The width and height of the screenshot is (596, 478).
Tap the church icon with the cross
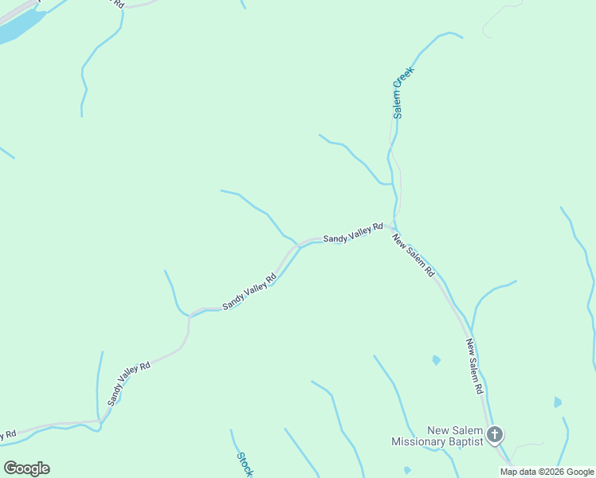pyautogui.click(x=495, y=435)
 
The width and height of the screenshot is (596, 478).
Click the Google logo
pyautogui.click(x=26, y=468)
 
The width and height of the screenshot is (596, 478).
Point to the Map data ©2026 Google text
pyautogui.click(x=547, y=472)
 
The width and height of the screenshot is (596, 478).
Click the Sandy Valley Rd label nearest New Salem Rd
pyautogui.click(x=353, y=233)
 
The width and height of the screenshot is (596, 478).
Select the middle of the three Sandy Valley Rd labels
pyautogui.click(x=249, y=292)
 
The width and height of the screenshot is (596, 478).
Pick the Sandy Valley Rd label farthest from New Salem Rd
pyautogui.click(x=129, y=383)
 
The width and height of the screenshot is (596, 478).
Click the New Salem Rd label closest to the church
pyautogui.click(x=475, y=367)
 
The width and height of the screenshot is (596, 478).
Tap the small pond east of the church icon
pyautogui.click(x=558, y=402)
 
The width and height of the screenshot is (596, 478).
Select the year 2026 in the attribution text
pyautogui.click(x=553, y=472)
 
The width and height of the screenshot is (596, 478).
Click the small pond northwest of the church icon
pyautogui.click(x=436, y=360)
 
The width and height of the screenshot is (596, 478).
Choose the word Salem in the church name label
pyautogui.click(x=468, y=431)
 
